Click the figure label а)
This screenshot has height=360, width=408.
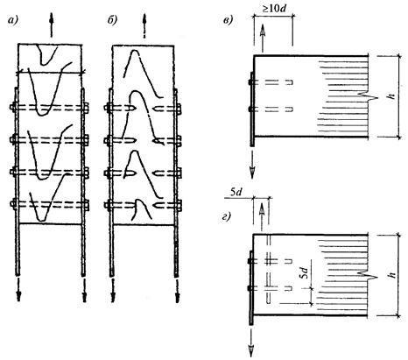coord(12,20)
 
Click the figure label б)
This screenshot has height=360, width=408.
coord(112,20)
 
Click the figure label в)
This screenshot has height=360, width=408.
coord(228,20)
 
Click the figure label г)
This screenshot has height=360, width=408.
coord(226,217)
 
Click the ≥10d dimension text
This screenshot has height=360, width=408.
coord(274,9)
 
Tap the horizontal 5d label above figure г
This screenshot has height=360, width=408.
coord(236,193)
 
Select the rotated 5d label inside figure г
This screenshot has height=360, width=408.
coord(305,272)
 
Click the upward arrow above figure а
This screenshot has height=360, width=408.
coord(52,25)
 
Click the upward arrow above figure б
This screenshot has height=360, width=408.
coord(144,25)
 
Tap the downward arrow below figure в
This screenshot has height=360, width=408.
coord(252,162)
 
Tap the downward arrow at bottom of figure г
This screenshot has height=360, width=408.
coord(251,341)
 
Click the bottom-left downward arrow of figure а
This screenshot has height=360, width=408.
coord(18,289)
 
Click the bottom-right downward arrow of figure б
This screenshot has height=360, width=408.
coord(177,290)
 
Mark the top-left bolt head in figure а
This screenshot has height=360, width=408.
coord(13,107)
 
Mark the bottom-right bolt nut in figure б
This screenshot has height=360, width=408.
coord(179,204)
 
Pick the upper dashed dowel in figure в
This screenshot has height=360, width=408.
coord(274,82)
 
